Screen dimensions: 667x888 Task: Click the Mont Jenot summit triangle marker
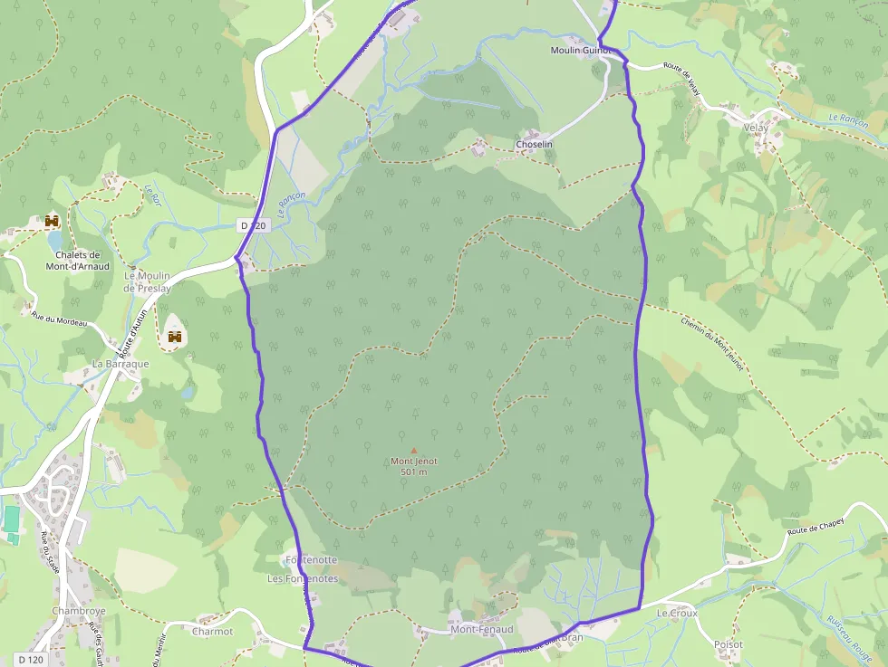414,450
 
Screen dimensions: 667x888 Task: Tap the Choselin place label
534,145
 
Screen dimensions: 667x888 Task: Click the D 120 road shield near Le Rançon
255,224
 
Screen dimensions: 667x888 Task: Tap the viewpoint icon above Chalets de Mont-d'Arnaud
52,221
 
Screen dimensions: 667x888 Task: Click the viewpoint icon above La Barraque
175,337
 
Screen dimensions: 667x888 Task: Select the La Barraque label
121,364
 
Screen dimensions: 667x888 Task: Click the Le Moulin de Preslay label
147,281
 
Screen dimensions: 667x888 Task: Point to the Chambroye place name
79,611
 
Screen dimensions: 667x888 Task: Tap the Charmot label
213,632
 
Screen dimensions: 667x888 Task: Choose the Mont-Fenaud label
482,629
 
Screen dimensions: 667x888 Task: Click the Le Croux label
678,613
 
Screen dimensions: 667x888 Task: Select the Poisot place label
728,644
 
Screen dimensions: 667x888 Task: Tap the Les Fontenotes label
303,578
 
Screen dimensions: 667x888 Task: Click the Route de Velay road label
682,75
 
